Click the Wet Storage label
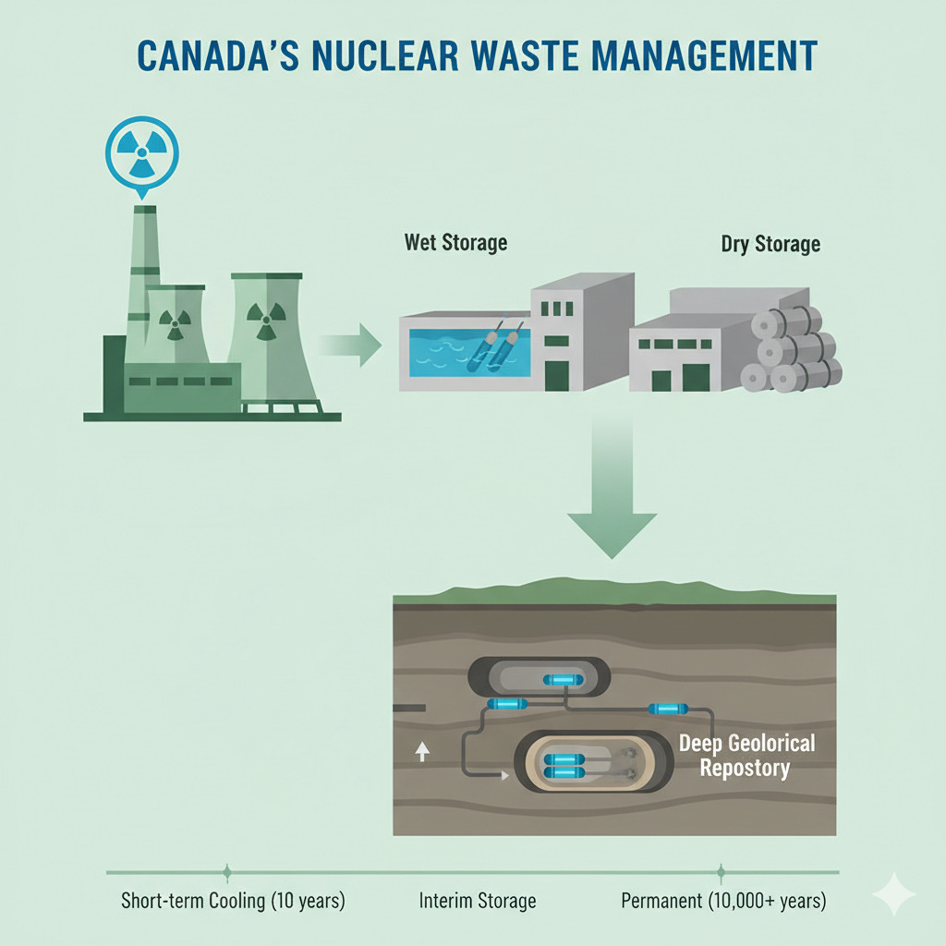[x=455, y=243]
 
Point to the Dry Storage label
[x=770, y=245]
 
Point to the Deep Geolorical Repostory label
[x=746, y=755]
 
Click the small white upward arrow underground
[x=422, y=752]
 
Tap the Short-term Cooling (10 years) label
[x=233, y=901]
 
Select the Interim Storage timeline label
[x=477, y=901]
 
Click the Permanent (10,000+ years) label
[x=723, y=901]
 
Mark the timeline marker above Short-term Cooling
[x=227, y=871]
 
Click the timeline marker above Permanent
[x=721, y=871]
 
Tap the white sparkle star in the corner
[x=893, y=893]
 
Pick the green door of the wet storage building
[x=557, y=375]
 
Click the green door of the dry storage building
[x=694, y=378]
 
